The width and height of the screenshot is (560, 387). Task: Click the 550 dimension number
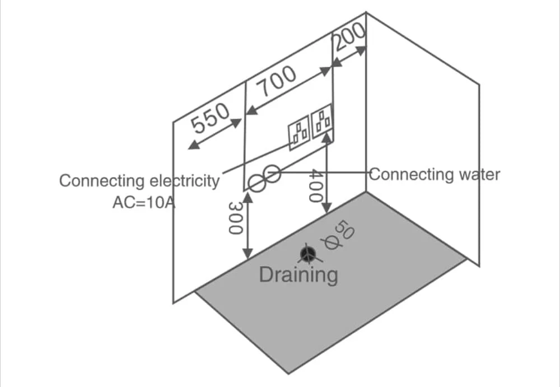210,118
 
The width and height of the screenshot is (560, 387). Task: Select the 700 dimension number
277,81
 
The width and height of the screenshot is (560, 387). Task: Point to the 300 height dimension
235,218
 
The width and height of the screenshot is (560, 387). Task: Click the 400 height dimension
316,186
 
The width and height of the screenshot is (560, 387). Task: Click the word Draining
298,275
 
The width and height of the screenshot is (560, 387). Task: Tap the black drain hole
307,254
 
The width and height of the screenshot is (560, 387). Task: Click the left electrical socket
299,133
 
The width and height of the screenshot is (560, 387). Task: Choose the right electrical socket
322,120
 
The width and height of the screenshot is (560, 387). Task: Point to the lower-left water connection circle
257,184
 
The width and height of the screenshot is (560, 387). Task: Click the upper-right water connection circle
272,174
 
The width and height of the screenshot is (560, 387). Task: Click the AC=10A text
144,203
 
